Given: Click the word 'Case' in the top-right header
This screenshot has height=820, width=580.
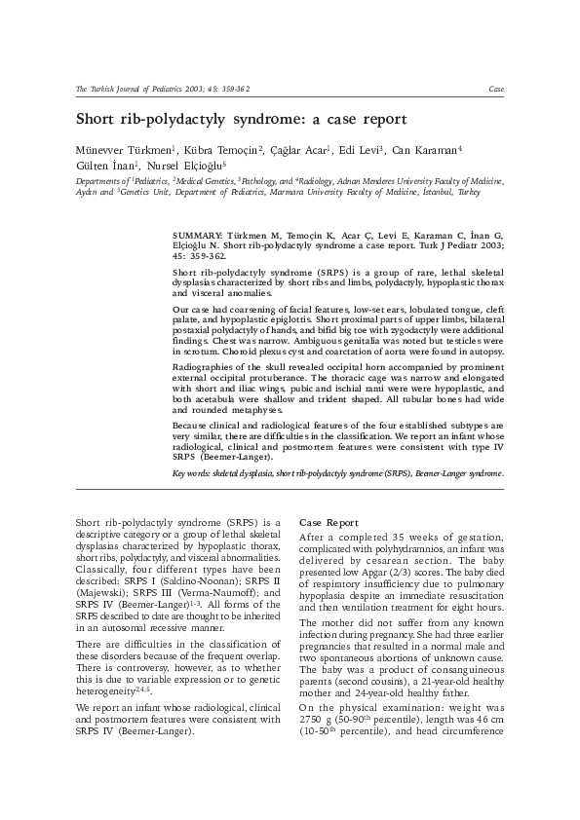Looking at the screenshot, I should tap(496, 89).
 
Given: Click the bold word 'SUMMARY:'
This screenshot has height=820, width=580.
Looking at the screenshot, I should tap(197, 236).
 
